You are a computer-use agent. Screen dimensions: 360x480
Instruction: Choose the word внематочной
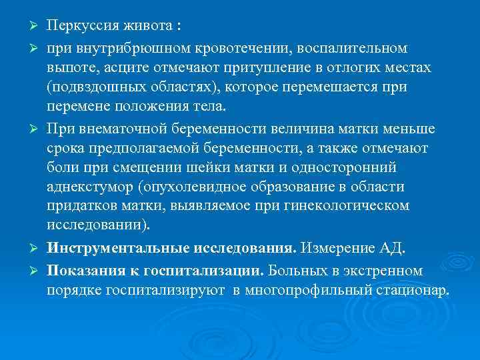pyautogui.click(x=121, y=128)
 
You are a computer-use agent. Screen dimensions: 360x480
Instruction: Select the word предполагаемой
pyautogui.click(x=149, y=147)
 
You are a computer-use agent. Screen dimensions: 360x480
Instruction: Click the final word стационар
pyautogui.click(x=415, y=291)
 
